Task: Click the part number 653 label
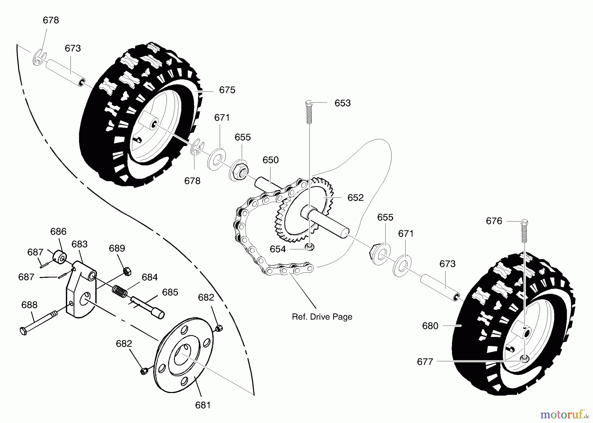(342, 103)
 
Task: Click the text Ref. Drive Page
(322, 317)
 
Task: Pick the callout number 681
(203, 405)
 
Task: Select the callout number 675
(227, 90)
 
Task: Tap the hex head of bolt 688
(23, 331)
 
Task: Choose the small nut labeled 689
(127, 271)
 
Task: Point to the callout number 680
(430, 326)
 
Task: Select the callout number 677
(425, 362)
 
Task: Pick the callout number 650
(270, 160)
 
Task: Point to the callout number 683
(79, 244)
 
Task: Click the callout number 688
(29, 305)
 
